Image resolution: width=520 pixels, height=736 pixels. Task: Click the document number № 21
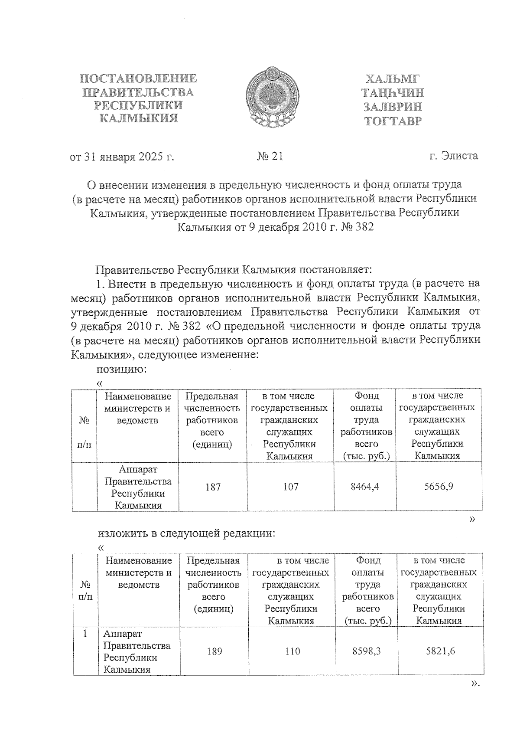(270, 156)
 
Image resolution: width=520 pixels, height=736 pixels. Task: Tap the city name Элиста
(459, 156)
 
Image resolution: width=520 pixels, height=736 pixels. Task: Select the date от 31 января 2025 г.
(122, 157)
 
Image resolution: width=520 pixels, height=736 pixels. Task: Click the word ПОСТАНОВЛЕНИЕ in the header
(139, 79)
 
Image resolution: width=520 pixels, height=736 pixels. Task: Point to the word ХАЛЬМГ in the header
(393, 79)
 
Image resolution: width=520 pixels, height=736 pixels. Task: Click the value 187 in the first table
(213, 487)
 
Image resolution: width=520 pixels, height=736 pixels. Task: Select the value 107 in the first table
(290, 487)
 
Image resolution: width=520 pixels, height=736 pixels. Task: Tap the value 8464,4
(365, 487)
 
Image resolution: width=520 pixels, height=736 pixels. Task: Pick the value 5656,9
(439, 487)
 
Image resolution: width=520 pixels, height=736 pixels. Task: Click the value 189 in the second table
(214, 651)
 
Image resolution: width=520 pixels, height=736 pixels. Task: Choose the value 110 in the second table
(292, 651)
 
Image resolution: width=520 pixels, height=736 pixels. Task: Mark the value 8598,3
(367, 651)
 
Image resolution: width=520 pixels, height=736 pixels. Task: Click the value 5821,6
(441, 651)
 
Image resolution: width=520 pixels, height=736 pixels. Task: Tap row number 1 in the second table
(85, 634)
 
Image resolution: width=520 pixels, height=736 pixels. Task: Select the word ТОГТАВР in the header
(393, 121)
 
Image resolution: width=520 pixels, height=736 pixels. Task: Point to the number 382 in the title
(363, 227)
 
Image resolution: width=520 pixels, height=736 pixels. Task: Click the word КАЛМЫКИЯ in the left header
(139, 118)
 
